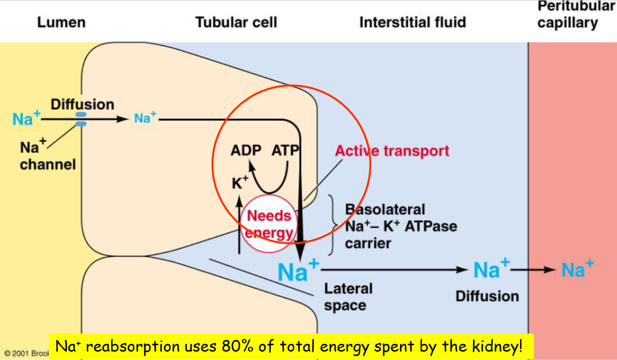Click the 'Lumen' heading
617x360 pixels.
tap(61, 22)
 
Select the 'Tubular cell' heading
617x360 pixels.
tap(236, 22)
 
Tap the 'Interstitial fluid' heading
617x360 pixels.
tap(412, 22)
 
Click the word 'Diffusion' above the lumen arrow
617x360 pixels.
tap(82, 104)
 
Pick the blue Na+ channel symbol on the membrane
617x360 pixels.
tap(81, 119)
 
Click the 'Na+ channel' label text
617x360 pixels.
tap(48, 156)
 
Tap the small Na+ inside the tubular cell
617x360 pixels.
tap(145, 118)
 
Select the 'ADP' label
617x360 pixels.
tap(246, 151)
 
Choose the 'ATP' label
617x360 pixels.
tap(285, 151)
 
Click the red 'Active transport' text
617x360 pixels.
tap(392, 151)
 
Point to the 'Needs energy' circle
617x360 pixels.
tap(269, 224)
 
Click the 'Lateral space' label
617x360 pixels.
tap(347, 297)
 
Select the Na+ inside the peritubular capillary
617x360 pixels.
tap(578, 269)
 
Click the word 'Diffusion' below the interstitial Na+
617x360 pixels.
tap(487, 296)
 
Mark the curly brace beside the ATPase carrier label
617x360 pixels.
tap(333, 225)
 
